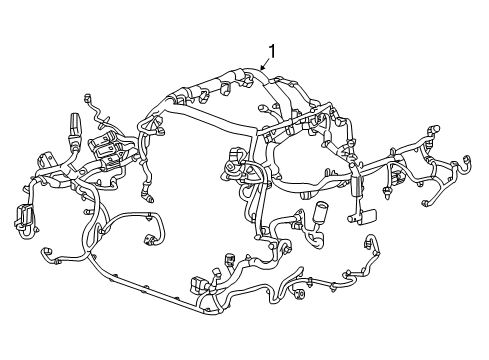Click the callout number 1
pos(272,52)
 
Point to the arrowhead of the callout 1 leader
pos(262,69)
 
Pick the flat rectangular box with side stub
pos(364,216)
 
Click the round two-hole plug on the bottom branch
pos(299,294)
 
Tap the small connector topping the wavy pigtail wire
pos(88,98)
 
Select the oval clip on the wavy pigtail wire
pos(104,119)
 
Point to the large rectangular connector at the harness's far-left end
pos(22,214)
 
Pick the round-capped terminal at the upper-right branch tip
pos(434,130)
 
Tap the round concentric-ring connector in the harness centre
pos(231,167)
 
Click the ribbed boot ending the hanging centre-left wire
pos(148,196)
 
